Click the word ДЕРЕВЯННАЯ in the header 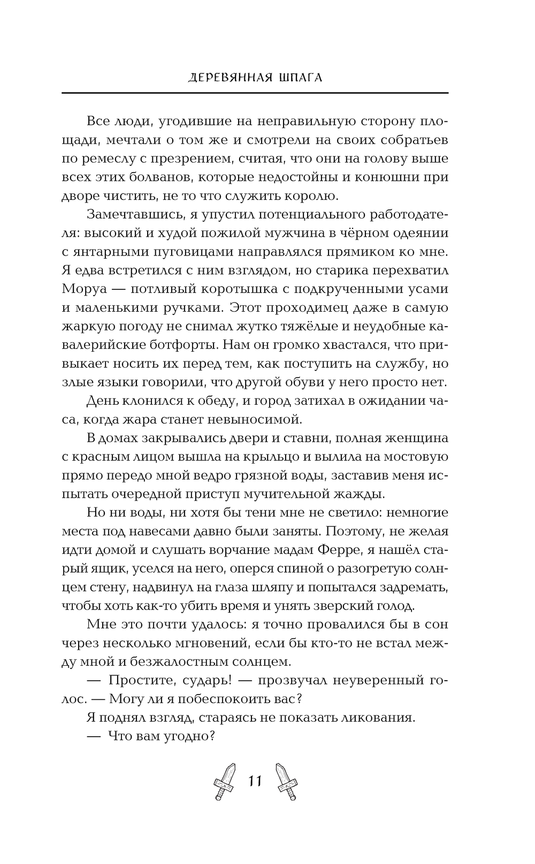coord(227,78)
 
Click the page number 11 coord(255,781)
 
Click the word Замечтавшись coord(137,214)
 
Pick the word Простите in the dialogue coord(139,680)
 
